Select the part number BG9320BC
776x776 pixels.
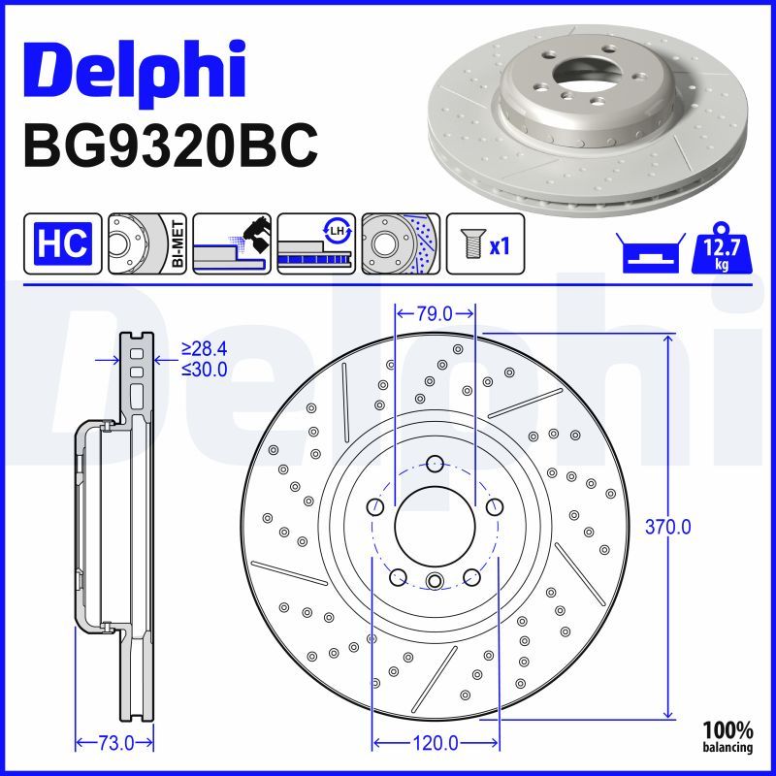169,145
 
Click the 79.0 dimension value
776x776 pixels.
435,313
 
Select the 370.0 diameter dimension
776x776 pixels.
668,527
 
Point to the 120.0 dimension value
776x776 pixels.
434,743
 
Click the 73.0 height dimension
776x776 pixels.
115,743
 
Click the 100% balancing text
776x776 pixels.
728,736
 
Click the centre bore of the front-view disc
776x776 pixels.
434,524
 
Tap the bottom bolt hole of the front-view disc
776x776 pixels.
434,582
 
